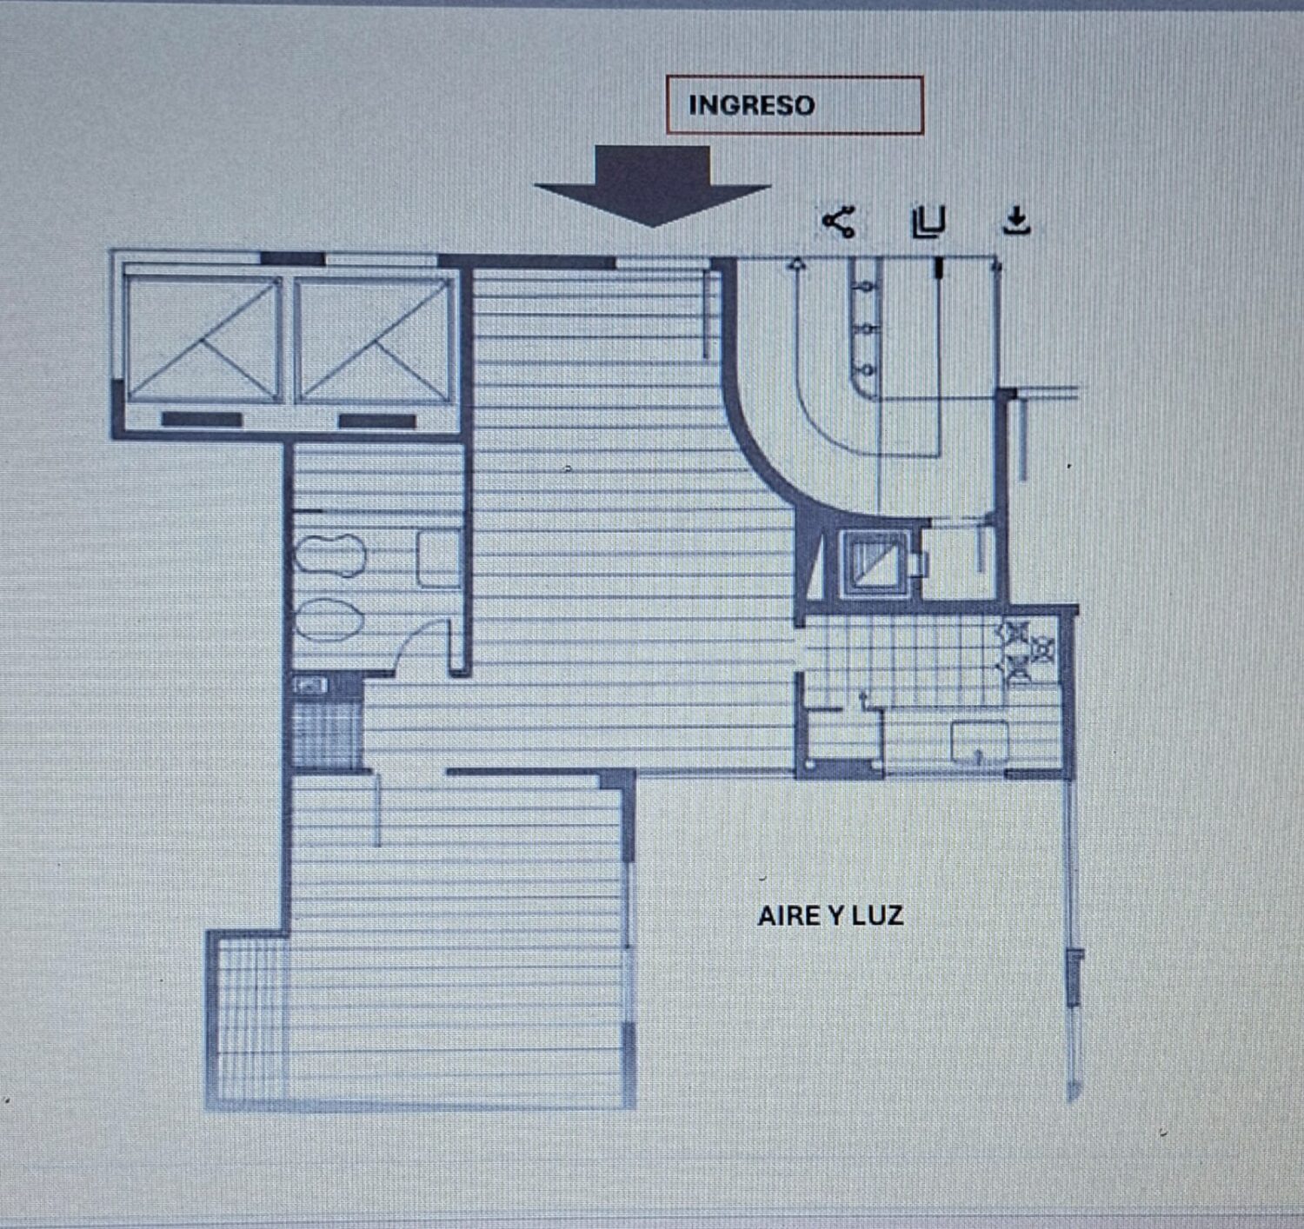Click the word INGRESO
coord(751,105)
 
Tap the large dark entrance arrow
coord(652,185)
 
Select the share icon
coord(839,222)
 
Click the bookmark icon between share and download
coord(928,222)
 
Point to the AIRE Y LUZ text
coord(830,916)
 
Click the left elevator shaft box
coord(203,340)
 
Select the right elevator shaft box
coord(375,340)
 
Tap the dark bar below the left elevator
coord(202,419)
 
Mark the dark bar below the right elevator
coord(377,421)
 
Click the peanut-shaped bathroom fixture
coord(329,555)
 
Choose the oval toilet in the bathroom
coord(329,620)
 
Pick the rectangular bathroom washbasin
coord(439,559)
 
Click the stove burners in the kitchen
coord(1026,652)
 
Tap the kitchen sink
coord(980,742)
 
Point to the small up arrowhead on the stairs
coord(796,264)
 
